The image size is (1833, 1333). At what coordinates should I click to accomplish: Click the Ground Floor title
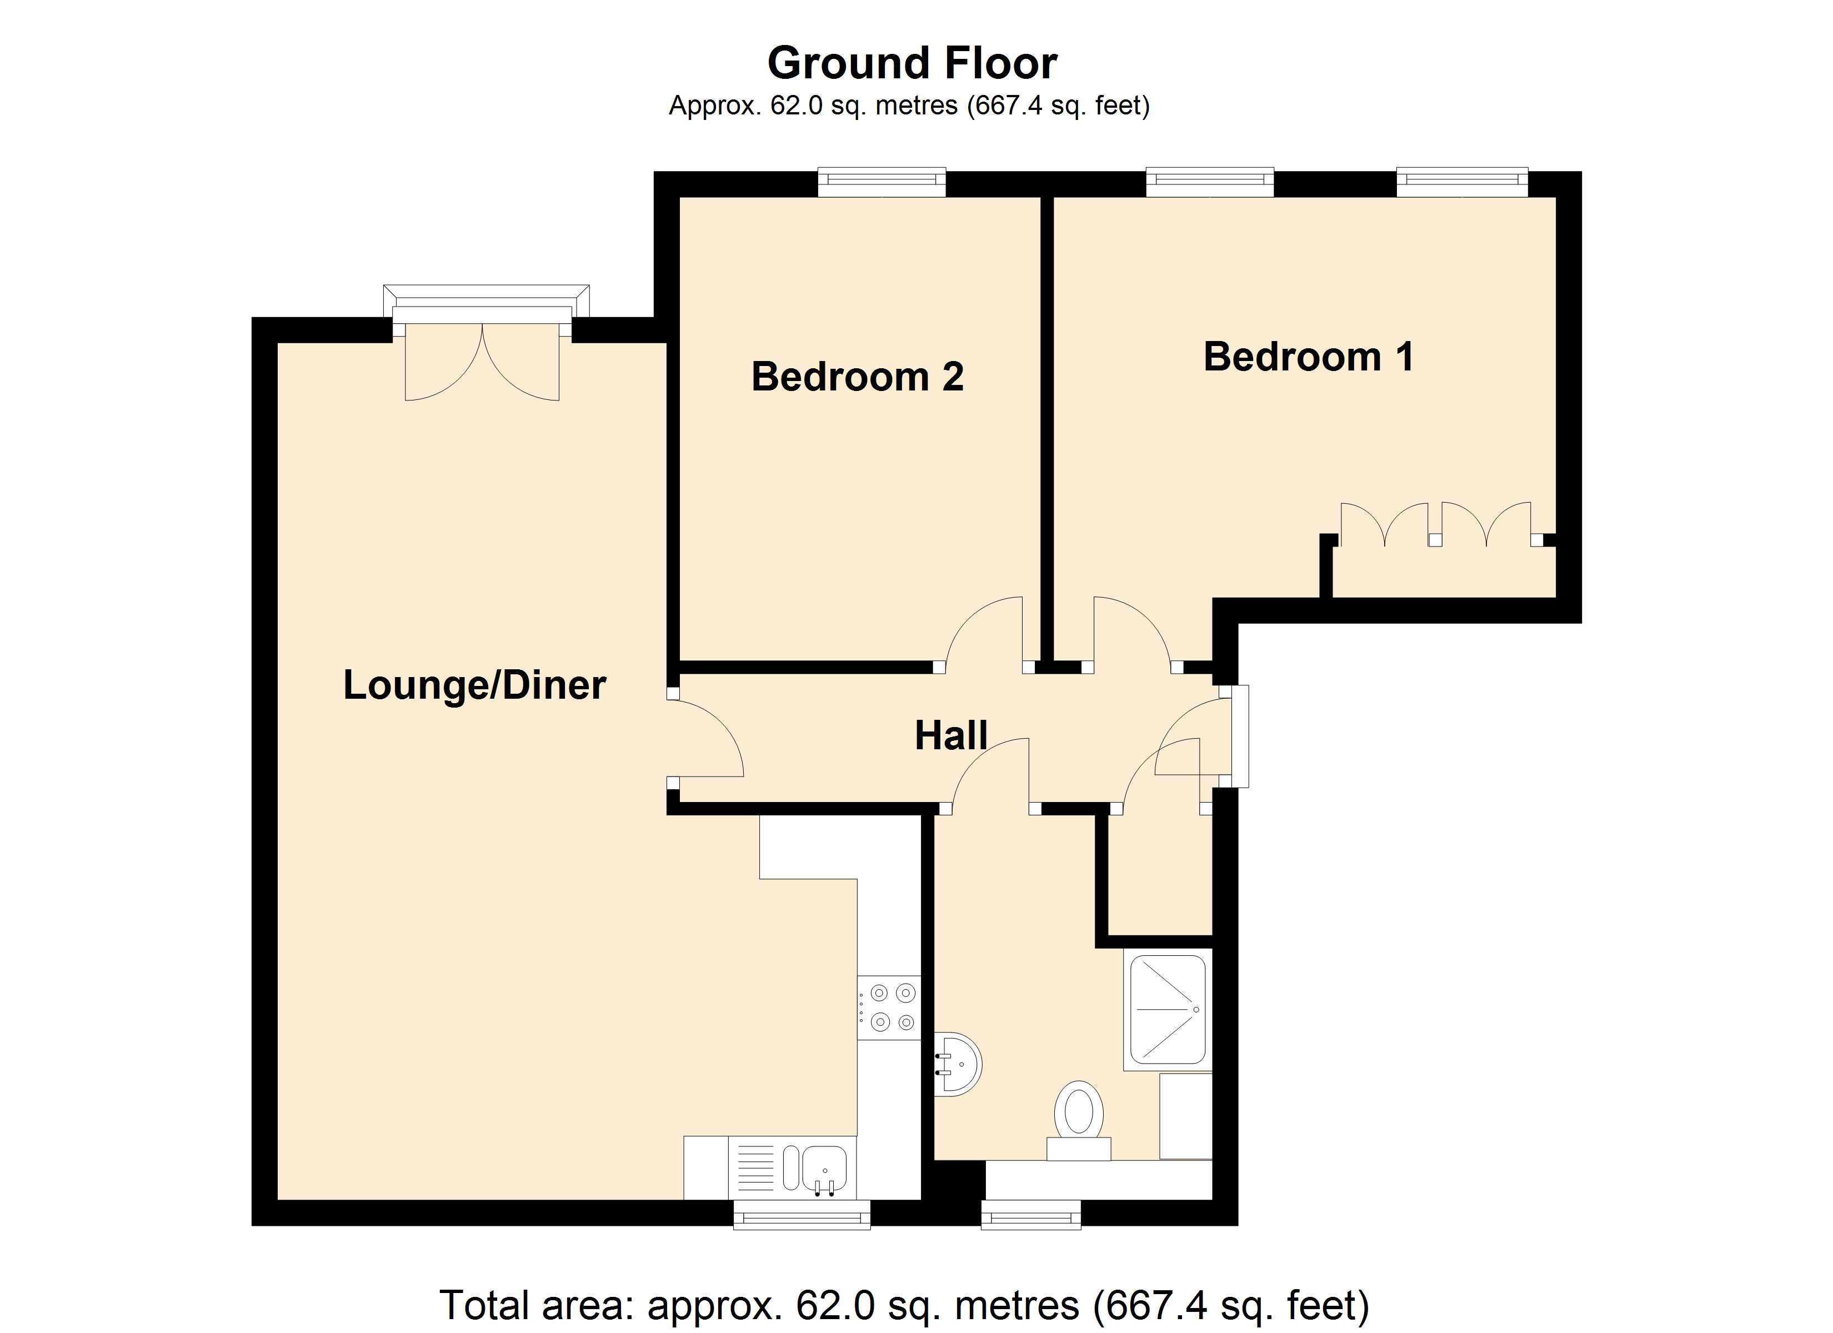[912, 63]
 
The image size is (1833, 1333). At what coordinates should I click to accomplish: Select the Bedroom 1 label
[1309, 357]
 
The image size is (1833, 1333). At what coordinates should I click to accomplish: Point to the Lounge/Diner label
[474, 685]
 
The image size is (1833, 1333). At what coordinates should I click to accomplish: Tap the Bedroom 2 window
[881, 182]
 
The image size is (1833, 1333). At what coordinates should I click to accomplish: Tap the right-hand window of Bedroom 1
[1462, 182]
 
